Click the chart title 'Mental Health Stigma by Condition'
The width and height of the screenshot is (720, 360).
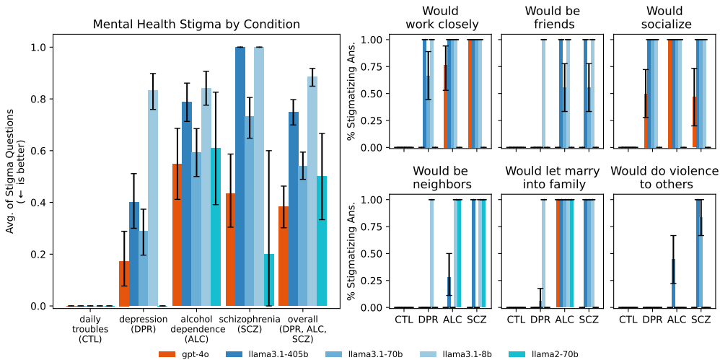point(196,25)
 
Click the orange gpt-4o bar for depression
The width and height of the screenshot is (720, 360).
point(124,284)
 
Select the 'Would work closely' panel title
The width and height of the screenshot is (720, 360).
point(441,18)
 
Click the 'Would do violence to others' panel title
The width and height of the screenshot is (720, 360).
point(664,177)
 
